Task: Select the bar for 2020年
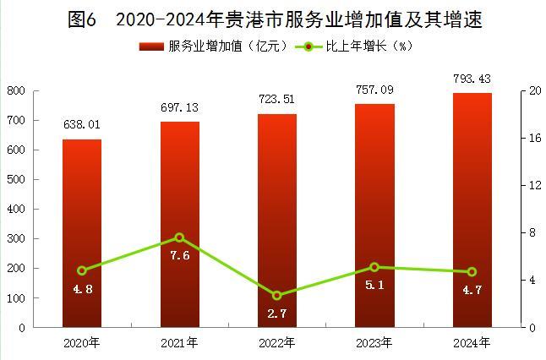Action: [x=82, y=232]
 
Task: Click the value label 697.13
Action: [x=179, y=108]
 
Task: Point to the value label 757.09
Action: [x=374, y=90]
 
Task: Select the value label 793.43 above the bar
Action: [x=472, y=79]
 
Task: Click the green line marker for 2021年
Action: [x=179, y=237]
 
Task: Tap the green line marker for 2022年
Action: [x=276, y=296]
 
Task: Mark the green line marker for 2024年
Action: [x=472, y=272]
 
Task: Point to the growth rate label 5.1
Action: [x=374, y=285]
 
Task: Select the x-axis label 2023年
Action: [x=374, y=342]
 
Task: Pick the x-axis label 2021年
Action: [x=179, y=342]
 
